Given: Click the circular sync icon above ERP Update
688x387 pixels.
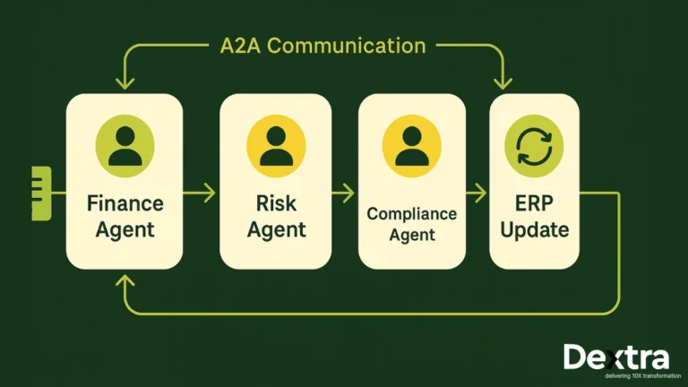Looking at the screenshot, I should click(x=534, y=145).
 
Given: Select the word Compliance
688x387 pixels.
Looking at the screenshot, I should click(x=411, y=213).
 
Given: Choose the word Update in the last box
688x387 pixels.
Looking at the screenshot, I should click(x=534, y=229).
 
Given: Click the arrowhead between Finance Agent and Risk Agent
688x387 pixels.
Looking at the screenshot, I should click(x=211, y=192).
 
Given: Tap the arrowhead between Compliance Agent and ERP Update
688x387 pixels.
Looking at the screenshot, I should click(x=481, y=192).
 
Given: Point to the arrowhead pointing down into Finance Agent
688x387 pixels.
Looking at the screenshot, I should click(x=125, y=83).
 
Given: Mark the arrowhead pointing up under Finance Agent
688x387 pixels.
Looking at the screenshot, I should click(x=125, y=281).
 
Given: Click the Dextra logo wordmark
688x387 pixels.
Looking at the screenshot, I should click(x=615, y=356).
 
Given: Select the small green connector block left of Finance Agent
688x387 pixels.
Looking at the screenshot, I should click(x=41, y=192).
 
